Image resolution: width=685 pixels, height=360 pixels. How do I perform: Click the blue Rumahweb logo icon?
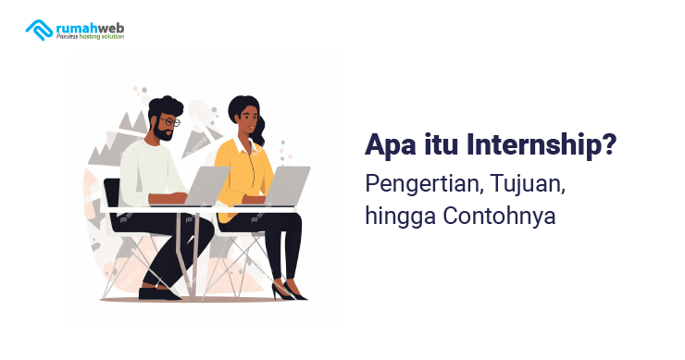tap(39, 30)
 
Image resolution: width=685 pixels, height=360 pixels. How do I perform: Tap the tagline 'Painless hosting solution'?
tap(90, 37)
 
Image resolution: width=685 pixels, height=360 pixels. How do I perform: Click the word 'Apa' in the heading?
tap(389, 145)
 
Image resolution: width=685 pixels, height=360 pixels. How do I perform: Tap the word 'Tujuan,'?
tap(526, 183)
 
